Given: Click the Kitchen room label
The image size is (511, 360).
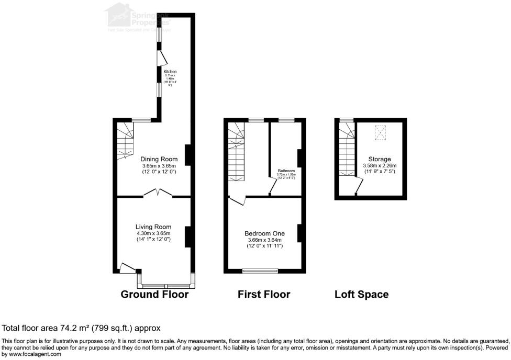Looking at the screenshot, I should point(170,72).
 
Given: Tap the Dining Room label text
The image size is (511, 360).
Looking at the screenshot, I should point(159,159).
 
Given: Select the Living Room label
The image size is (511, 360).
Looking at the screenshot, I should point(153,227).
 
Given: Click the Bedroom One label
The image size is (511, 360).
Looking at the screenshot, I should point(264,233).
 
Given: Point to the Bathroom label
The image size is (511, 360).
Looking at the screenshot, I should point(286,171).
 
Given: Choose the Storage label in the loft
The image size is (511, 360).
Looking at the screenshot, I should point(377,159).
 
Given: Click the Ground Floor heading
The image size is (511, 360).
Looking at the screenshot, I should point(154,295).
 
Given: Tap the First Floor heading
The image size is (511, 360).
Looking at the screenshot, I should point(264,295).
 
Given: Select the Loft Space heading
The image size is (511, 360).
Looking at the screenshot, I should point(361,295).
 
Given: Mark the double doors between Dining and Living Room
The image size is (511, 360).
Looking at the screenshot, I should point(158,193).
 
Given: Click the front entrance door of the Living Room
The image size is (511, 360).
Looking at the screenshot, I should point(127,267).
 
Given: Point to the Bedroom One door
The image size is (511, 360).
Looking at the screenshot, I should point(236,200).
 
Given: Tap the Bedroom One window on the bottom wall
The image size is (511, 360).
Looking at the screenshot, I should point(260,271).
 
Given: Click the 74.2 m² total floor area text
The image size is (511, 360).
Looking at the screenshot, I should point(81,328).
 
